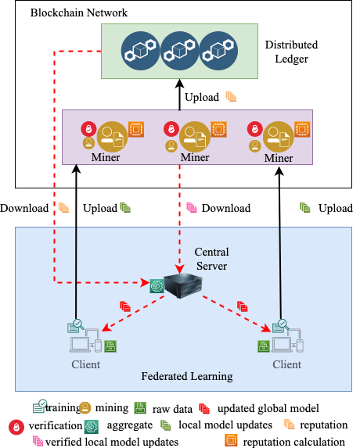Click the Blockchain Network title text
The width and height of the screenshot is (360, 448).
pyautogui.click(x=79, y=13)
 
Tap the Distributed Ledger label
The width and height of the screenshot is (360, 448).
pyautogui.click(x=291, y=52)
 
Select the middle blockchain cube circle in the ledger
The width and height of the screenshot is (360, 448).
pyautogui.click(x=179, y=51)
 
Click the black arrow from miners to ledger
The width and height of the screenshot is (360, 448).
pyautogui.click(x=179, y=95)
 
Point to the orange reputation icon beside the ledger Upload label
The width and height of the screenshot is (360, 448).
pyautogui.click(x=231, y=97)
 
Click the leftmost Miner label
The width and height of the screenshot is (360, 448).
pyautogui.click(x=106, y=157)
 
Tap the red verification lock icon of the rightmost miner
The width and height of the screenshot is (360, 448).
pyautogui.click(x=255, y=129)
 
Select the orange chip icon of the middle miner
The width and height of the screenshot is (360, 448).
pyautogui.click(x=219, y=129)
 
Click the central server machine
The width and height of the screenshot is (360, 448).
pyautogui.click(x=183, y=285)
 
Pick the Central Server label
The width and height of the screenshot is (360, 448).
pyautogui.click(x=211, y=259)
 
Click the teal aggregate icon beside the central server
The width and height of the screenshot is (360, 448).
pyautogui.click(x=157, y=286)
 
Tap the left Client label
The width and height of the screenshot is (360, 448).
pyautogui.click(x=86, y=364)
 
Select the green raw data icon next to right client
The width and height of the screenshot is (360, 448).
pyautogui.click(x=264, y=346)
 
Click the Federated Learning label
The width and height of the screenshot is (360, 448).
pyautogui.click(x=187, y=377)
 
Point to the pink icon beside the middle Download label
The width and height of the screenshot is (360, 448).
pyautogui.click(x=192, y=208)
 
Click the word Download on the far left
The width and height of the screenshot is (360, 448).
pyautogui.click(x=24, y=208)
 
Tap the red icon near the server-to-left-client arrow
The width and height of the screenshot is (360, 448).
pyautogui.click(x=125, y=306)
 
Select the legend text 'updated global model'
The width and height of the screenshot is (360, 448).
pyautogui.click(x=268, y=409)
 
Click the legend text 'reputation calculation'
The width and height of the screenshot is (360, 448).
pyautogui.click(x=294, y=442)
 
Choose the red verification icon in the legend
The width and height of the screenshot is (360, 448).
pyautogui.click(x=16, y=427)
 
